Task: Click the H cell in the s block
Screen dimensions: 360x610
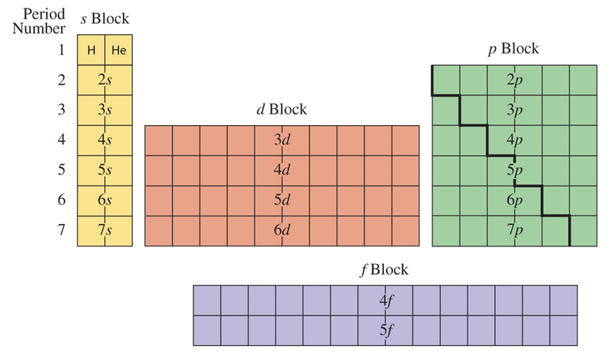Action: point(91,51)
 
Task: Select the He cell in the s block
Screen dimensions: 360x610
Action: point(118,51)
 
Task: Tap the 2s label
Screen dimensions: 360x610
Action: point(106,80)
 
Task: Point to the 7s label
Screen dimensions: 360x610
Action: point(106,231)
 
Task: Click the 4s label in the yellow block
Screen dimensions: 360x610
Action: point(106,141)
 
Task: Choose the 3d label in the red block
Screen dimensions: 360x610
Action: point(282,141)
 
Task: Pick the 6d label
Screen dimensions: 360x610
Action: point(282,231)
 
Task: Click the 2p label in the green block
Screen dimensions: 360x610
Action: point(515,80)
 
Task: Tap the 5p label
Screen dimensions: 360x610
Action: point(515,171)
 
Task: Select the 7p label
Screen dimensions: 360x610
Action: point(515,231)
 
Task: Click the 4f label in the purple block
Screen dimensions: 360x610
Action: point(386,300)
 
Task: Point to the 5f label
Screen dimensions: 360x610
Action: point(386,330)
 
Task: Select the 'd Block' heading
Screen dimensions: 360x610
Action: point(281,110)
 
